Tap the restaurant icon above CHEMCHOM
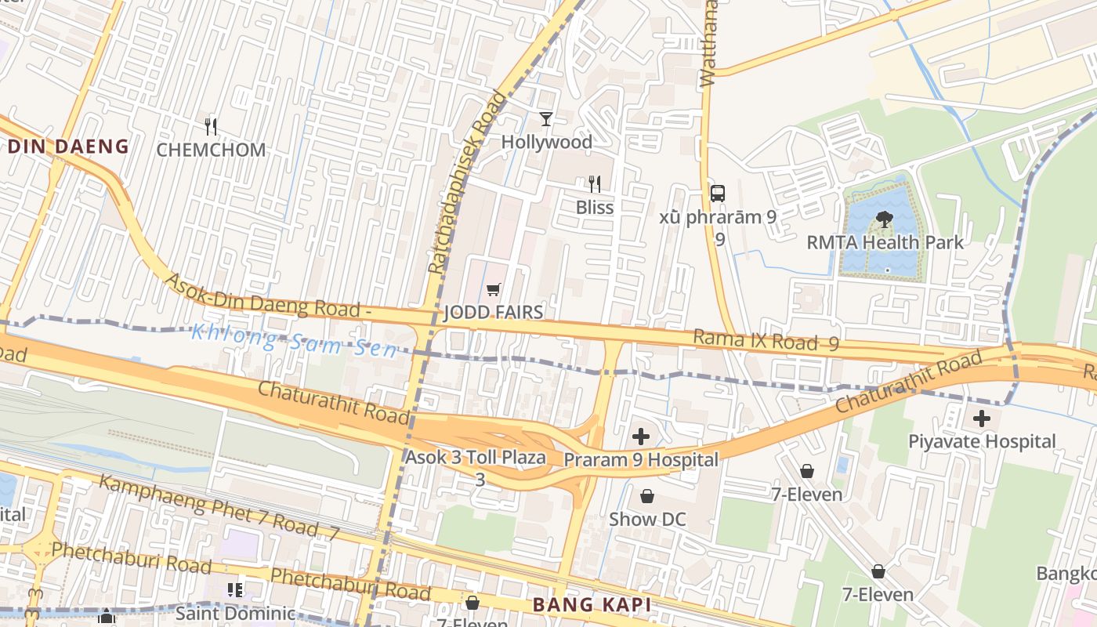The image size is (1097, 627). [x=210, y=125]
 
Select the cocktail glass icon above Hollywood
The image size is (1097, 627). [x=546, y=119]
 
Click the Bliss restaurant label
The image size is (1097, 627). [x=595, y=208]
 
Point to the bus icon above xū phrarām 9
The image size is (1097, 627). [x=717, y=193]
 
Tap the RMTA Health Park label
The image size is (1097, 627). [x=885, y=242]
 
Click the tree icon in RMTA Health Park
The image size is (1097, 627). [x=884, y=219]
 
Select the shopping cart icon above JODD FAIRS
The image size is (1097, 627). [x=493, y=290]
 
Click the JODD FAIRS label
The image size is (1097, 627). [x=493, y=313]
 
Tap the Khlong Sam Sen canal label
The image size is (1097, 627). [x=295, y=340]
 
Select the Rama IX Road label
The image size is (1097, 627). [x=766, y=341]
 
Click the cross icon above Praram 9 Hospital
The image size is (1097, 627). [x=641, y=437]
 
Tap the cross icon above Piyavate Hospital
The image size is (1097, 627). [x=982, y=419]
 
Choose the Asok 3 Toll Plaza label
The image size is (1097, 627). [x=476, y=458]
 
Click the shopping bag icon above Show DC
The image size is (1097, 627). [x=647, y=496]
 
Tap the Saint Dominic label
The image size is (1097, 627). [x=235, y=613]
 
